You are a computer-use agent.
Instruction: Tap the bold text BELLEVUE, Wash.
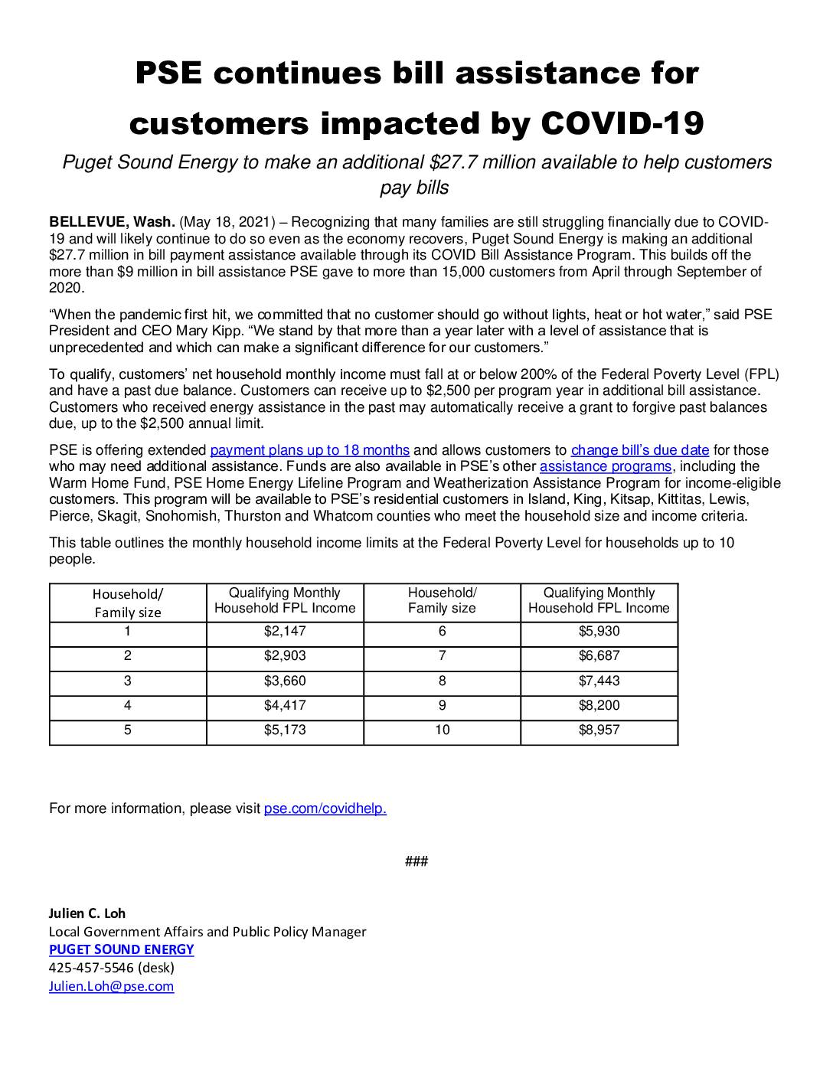click(112, 222)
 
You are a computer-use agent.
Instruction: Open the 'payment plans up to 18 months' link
click(309, 450)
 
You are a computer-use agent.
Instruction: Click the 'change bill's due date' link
click(640, 450)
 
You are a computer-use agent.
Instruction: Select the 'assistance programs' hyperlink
click(606, 466)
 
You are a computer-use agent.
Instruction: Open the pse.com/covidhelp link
click(325, 808)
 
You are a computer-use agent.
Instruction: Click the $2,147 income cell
click(285, 632)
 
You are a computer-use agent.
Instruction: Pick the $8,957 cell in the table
click(599, 730)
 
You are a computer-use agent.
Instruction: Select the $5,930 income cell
click(599, 632)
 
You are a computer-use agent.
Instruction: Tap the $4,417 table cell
click(285, 705)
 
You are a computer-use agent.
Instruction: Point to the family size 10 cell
click(442, 730)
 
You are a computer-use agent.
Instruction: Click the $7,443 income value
click(599, 681)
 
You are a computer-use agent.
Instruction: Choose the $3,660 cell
click(285, 681)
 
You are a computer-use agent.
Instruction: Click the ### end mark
click(416, 862)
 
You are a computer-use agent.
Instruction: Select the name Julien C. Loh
click(87, 913)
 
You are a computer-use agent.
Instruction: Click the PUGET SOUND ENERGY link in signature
click(121, 949)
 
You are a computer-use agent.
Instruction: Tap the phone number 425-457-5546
click(91, 968)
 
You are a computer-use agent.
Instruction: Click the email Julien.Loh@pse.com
click(111, 986)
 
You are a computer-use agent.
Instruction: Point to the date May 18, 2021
click(224, 222)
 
